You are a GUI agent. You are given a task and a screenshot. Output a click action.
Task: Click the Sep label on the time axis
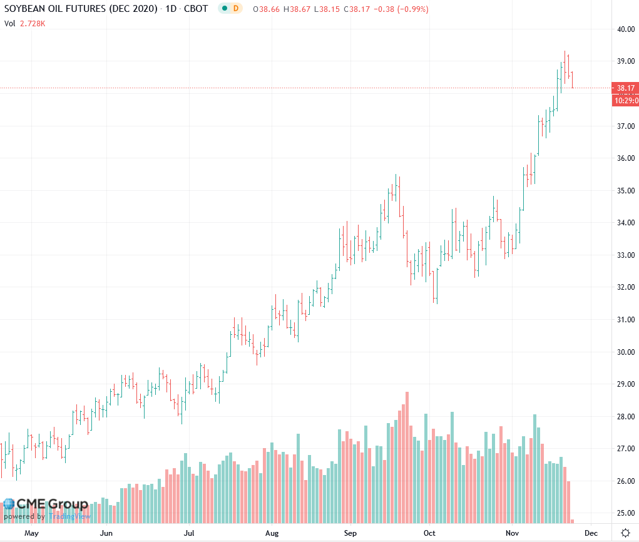(x=350, y=533)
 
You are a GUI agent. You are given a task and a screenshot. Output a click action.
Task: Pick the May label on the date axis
(x=31, y=533)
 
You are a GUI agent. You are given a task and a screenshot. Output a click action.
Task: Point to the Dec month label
(x=590, y=533)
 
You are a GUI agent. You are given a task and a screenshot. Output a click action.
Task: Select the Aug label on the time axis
(x=272, y=533)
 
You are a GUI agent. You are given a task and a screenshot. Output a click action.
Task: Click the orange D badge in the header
(x=236, y=8)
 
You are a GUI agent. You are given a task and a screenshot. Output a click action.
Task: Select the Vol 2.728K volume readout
(x=25, y=23)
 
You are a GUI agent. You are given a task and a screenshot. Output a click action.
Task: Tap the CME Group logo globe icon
(x=9, y=504)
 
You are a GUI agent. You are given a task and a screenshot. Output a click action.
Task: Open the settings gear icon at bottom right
(x=625, y=533)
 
